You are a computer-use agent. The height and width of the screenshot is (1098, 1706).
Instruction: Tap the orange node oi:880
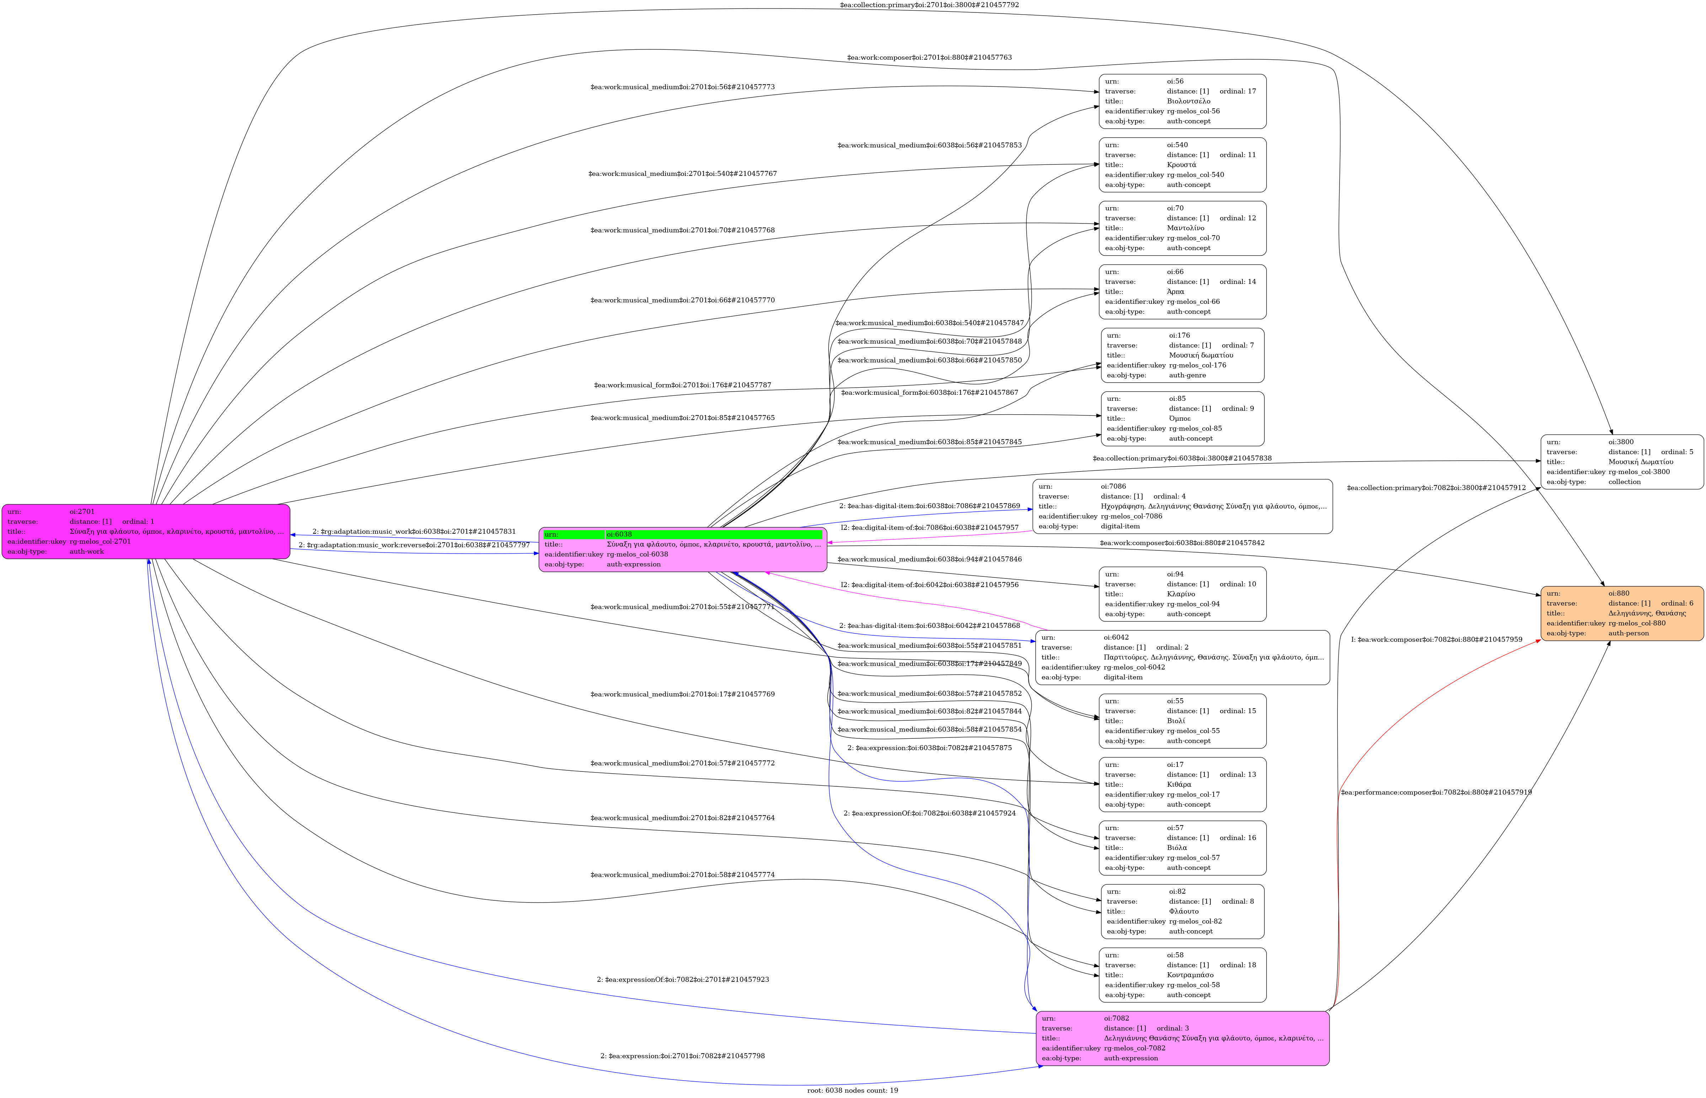(x=1622, y=613)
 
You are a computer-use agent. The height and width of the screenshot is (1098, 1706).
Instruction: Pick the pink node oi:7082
(x=1182, y=1038)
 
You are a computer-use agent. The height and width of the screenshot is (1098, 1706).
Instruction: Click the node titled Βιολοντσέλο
(x=1182, y=101)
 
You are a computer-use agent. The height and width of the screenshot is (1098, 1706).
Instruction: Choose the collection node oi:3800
(x=1622, y=462)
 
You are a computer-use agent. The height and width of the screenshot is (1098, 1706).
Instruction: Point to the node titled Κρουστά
(x=1182, y=165)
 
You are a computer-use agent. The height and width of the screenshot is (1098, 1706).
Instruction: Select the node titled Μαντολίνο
(x=1182, y=228)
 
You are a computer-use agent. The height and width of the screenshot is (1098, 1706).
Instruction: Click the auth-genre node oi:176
(x=1182, y=355)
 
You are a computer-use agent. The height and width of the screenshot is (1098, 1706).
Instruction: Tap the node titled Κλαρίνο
(x=1182, y=594)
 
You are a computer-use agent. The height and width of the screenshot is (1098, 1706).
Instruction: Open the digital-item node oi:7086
(x=1182, y=506)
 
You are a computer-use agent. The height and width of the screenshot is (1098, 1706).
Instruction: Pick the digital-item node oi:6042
(x=1182, y=657)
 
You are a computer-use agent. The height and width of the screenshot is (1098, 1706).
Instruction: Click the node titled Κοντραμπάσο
(x=1182, y=975)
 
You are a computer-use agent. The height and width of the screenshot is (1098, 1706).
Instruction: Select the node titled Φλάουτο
(x=1182, y=911)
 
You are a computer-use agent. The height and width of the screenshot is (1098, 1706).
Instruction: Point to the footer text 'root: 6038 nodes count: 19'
(x=852, y=1090)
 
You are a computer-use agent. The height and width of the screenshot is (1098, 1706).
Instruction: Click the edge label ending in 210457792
(x=929, y=5)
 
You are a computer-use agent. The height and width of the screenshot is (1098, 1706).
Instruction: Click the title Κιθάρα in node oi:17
(x=1179, y=784)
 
